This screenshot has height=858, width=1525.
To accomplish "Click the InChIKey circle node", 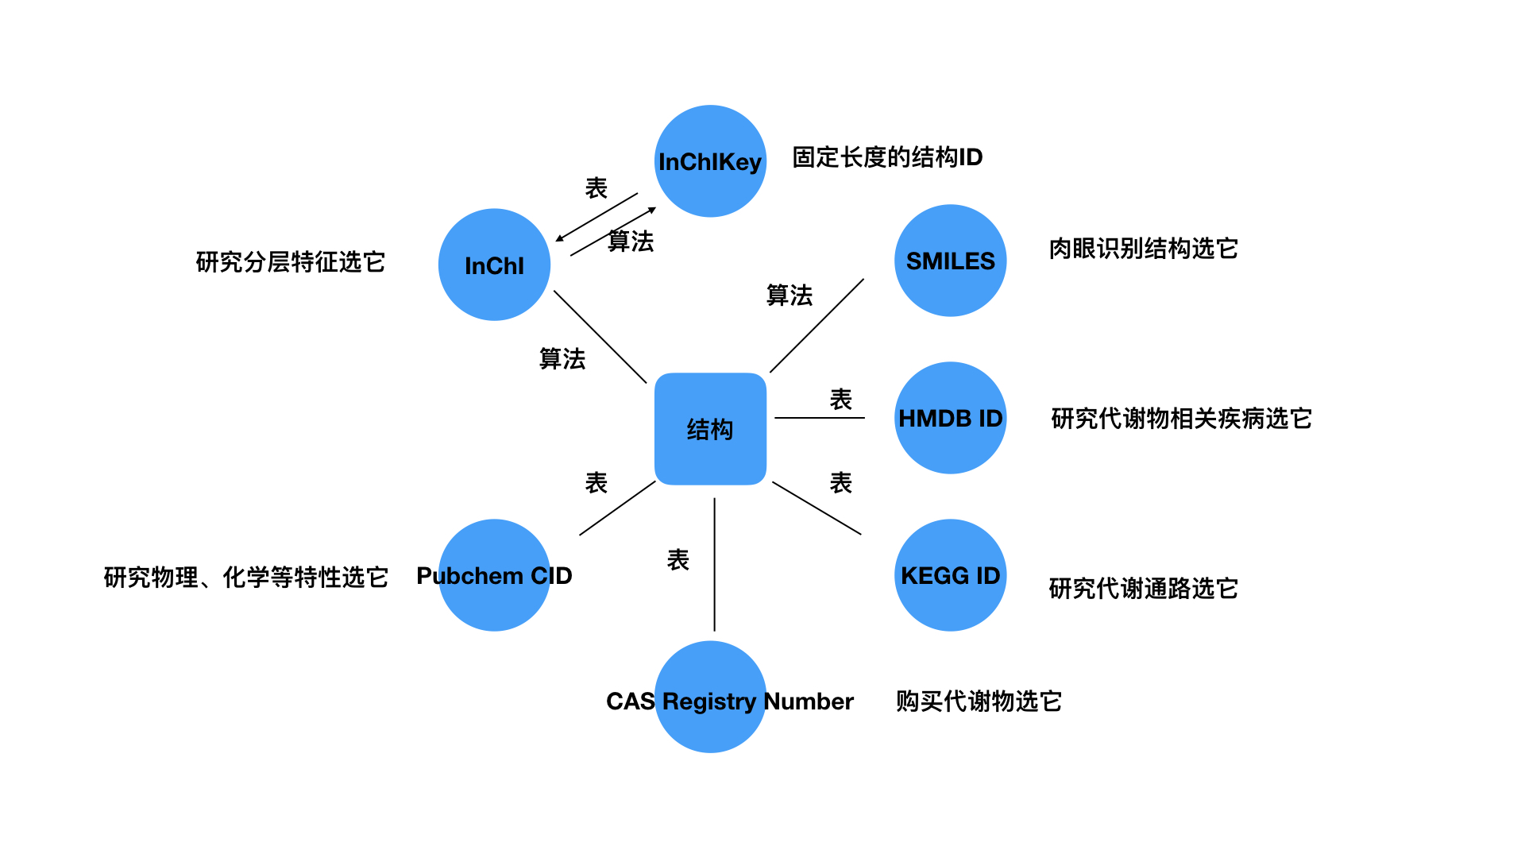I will [x=710, y=161].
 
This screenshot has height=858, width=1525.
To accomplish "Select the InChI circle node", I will [x=494, y=265].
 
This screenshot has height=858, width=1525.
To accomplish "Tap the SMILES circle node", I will [x=950, y=261].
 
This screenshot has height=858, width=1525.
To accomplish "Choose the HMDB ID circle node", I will [x=950, y=418].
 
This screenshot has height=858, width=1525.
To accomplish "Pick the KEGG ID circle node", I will [x=950, y=575].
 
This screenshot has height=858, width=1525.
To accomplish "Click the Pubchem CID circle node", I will [x=494, y=575].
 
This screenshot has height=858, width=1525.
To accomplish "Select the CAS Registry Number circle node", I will [x=710, y=698].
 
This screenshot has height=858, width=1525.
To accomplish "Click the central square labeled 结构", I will [x=710, y=429].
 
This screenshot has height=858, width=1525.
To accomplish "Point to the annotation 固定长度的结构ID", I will [x=887, y=157].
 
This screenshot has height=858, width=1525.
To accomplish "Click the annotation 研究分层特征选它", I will [x=290, y=261].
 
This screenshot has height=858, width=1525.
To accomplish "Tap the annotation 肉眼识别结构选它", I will [x=1143, y=249].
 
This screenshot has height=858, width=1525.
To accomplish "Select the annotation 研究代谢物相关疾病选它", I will [x=1181, y=418].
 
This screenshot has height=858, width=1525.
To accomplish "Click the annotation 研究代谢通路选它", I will [x=1143, y=588].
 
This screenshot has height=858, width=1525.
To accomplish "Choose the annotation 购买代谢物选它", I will [x=979, y=701].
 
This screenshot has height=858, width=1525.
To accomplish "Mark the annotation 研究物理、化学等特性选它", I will [x=245, y=577].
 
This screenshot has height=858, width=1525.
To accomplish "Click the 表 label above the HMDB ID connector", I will [x=840, y=399].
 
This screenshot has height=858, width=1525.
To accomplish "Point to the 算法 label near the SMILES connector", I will [x=789, y=295].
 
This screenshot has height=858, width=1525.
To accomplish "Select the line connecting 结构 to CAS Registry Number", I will [x=714, y=564].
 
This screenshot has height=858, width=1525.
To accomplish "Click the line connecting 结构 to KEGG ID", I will [x=817, y=508].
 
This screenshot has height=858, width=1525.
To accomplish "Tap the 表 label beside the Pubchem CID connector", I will [x=596, y=482].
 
